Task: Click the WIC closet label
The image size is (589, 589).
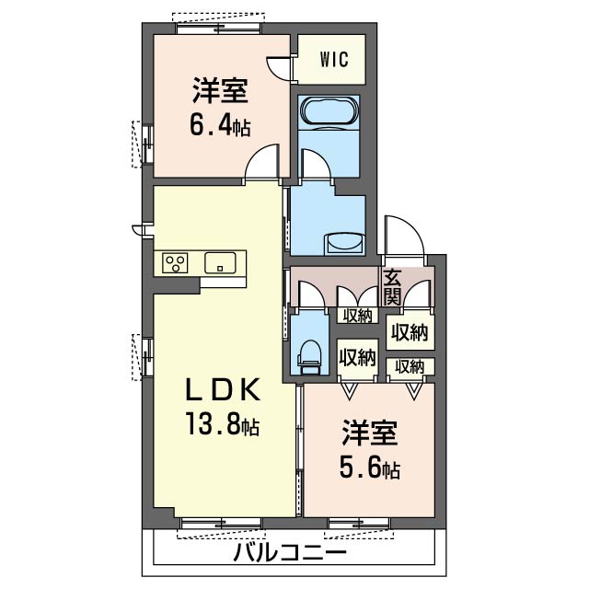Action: [x=333, y=60]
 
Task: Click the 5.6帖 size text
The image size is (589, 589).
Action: [x=370, y=468]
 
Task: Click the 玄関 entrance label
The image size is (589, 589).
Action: [x=392, y=286]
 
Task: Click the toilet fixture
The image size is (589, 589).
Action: [x=311, y=354]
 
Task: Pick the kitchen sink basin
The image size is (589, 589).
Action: [x=220, y=263]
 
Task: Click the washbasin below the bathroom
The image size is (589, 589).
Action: [x=343, y=242]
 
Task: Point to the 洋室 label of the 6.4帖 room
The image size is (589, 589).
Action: [x=220, y=92]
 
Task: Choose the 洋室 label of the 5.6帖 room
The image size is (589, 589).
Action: [x=371, y=433]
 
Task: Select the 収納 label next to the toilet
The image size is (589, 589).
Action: [x=356, y=356]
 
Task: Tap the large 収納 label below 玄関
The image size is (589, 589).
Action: [x=409, y=332]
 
